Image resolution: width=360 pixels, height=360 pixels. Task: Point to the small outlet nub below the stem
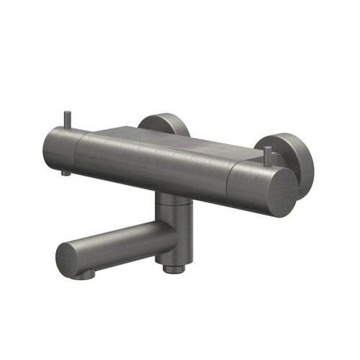pyautogui.click(x=171, y=269)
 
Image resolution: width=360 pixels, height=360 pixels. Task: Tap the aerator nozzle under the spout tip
pyautogui.click(x=86, y=274)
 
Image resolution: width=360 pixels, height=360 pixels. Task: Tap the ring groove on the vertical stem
pyautogui.click(x=173, y=203)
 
